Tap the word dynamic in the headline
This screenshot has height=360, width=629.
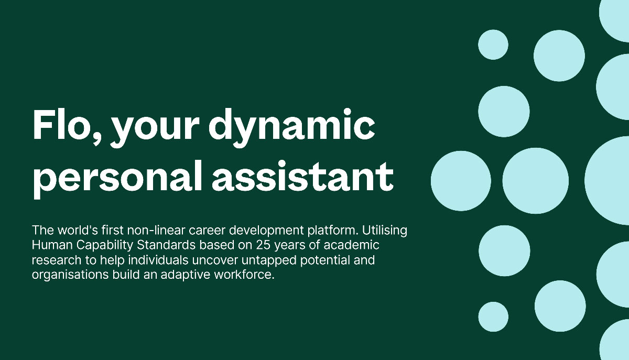click(291, 128)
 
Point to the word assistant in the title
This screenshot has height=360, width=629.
click(303, 176)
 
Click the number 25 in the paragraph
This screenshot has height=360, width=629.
click(263, 245)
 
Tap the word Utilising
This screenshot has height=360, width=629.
click(384, 231)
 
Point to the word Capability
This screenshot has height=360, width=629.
click(105, 245)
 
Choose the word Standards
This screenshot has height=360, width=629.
click(166, 245)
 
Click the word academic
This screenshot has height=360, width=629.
click(351, 245)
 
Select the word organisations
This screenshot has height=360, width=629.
click(70, 275)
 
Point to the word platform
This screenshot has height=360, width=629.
click(331, 231)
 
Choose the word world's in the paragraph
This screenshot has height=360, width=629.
click(78, 230)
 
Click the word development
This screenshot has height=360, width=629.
click(266, 231)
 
